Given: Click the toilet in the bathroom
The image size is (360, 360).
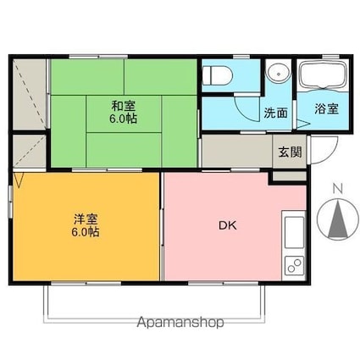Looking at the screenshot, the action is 218,75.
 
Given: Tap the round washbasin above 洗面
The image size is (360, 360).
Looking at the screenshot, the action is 279,74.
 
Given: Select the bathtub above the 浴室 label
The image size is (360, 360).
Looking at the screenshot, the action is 324,75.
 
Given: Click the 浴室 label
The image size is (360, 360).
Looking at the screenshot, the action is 327,108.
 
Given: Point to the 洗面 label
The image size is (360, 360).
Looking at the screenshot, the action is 276,114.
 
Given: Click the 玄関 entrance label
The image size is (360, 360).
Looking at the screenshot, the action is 290,152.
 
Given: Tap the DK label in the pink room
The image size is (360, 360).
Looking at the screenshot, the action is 228,225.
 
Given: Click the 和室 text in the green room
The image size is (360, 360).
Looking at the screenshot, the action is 124,106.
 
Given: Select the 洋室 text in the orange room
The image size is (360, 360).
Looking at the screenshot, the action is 86,219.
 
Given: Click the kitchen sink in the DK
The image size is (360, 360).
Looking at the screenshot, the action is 294,232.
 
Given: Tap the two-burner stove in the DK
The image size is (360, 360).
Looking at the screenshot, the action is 294,265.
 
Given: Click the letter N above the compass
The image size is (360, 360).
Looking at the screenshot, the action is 338,189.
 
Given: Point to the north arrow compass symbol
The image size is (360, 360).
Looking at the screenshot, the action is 338,219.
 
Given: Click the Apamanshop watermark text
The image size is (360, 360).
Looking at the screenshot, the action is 180,323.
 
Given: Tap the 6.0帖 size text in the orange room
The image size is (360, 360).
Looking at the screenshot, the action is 85,232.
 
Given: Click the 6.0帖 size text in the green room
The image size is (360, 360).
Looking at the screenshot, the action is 124,119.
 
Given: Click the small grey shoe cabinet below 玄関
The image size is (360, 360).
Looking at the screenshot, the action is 290,176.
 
